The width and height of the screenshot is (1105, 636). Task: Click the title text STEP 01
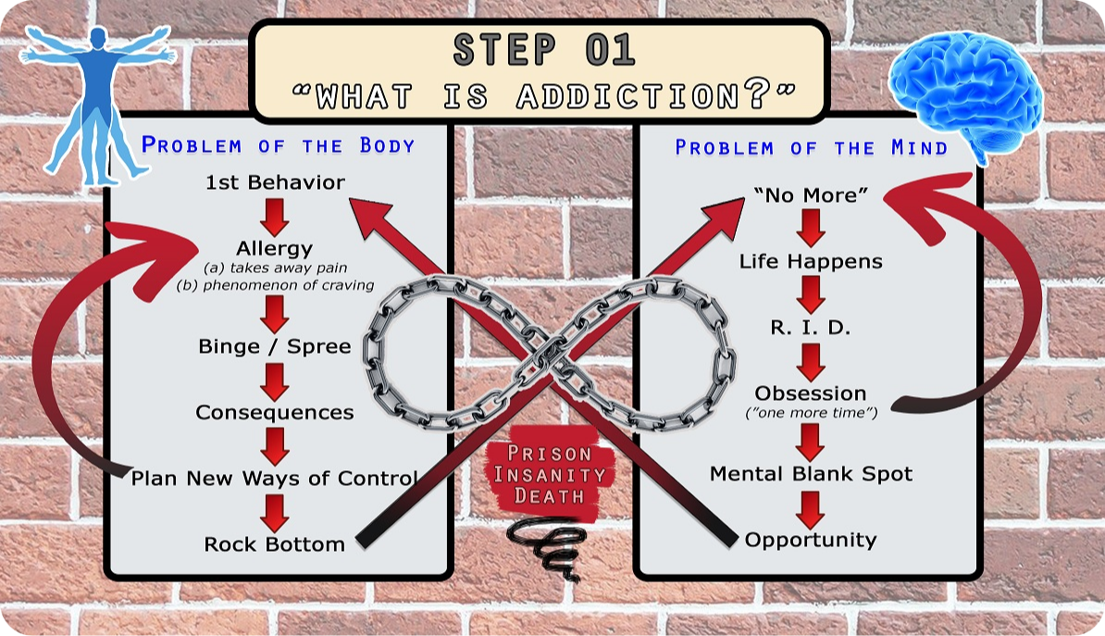(543, 51)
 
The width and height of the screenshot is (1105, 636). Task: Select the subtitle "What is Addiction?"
(543, 95)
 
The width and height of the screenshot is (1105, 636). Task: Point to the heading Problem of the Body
(278, 145)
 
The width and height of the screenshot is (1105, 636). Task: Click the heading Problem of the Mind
(811, 147)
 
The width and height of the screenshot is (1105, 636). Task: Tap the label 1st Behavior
(275, 182)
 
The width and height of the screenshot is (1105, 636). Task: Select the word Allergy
(274, 248)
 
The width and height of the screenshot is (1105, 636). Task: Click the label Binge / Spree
(275, 346)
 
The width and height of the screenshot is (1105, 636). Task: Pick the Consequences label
(275, 413)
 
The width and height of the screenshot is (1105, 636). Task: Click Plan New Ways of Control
(275, 478)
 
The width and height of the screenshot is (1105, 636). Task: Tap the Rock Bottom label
(275, 544)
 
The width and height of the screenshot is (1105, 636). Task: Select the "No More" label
(811, 194)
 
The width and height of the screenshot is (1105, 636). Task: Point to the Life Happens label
(811, 262)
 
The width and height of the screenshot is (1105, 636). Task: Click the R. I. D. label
(811, 327)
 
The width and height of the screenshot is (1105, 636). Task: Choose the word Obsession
(811, 393)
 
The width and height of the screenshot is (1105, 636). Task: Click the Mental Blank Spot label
(811, 474)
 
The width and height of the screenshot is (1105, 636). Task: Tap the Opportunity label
(811, 540)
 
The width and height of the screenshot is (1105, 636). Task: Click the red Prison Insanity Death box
(551, 473)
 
